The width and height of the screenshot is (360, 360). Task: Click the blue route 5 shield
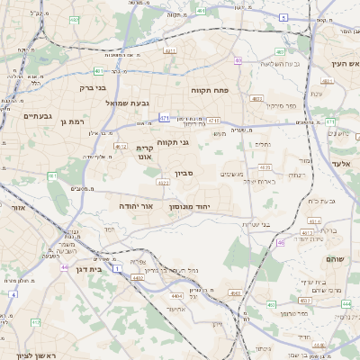tap(283, 18)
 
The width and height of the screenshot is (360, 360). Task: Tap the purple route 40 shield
tap(238, 61)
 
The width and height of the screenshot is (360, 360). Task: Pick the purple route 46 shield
tap(281, 242)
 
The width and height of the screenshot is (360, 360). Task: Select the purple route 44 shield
tap(64, 267)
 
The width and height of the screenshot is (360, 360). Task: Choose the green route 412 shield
tap(35, 321)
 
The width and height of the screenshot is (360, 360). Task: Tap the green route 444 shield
tap(346, 304)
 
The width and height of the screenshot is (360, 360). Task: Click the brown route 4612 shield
tap(121, 145)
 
